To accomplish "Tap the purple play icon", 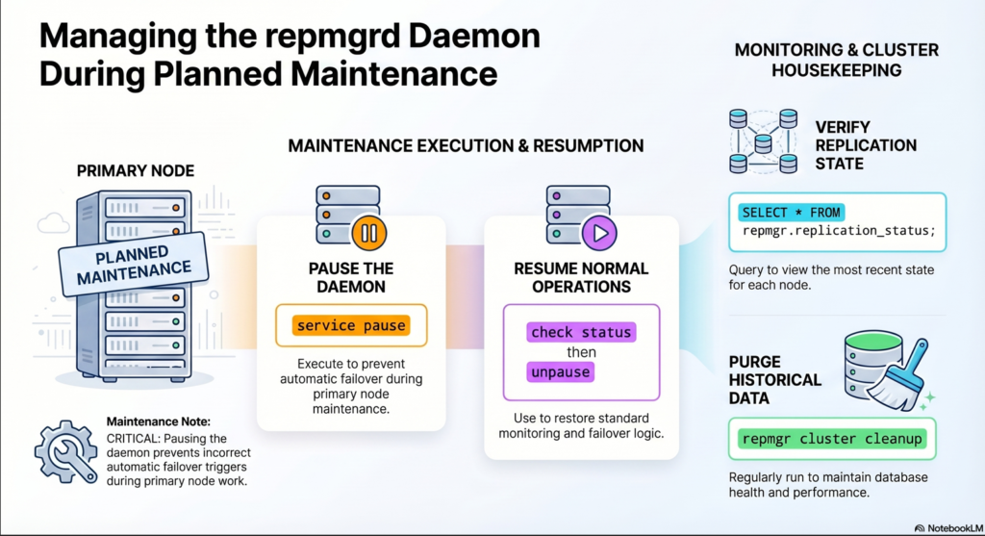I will [x=597, y=232].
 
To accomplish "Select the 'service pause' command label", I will [x=351, y=326].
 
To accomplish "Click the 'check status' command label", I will [x=581, y=332].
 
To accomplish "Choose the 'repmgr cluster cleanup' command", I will [x=831, y=439].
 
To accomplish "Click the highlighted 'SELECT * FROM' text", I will [x=791, y=212].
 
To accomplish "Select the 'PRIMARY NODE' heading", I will [x=135, y=171].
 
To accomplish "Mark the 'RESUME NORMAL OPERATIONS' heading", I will [x=581, y=277].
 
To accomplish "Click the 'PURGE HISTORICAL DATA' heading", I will [x=775, y=379].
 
